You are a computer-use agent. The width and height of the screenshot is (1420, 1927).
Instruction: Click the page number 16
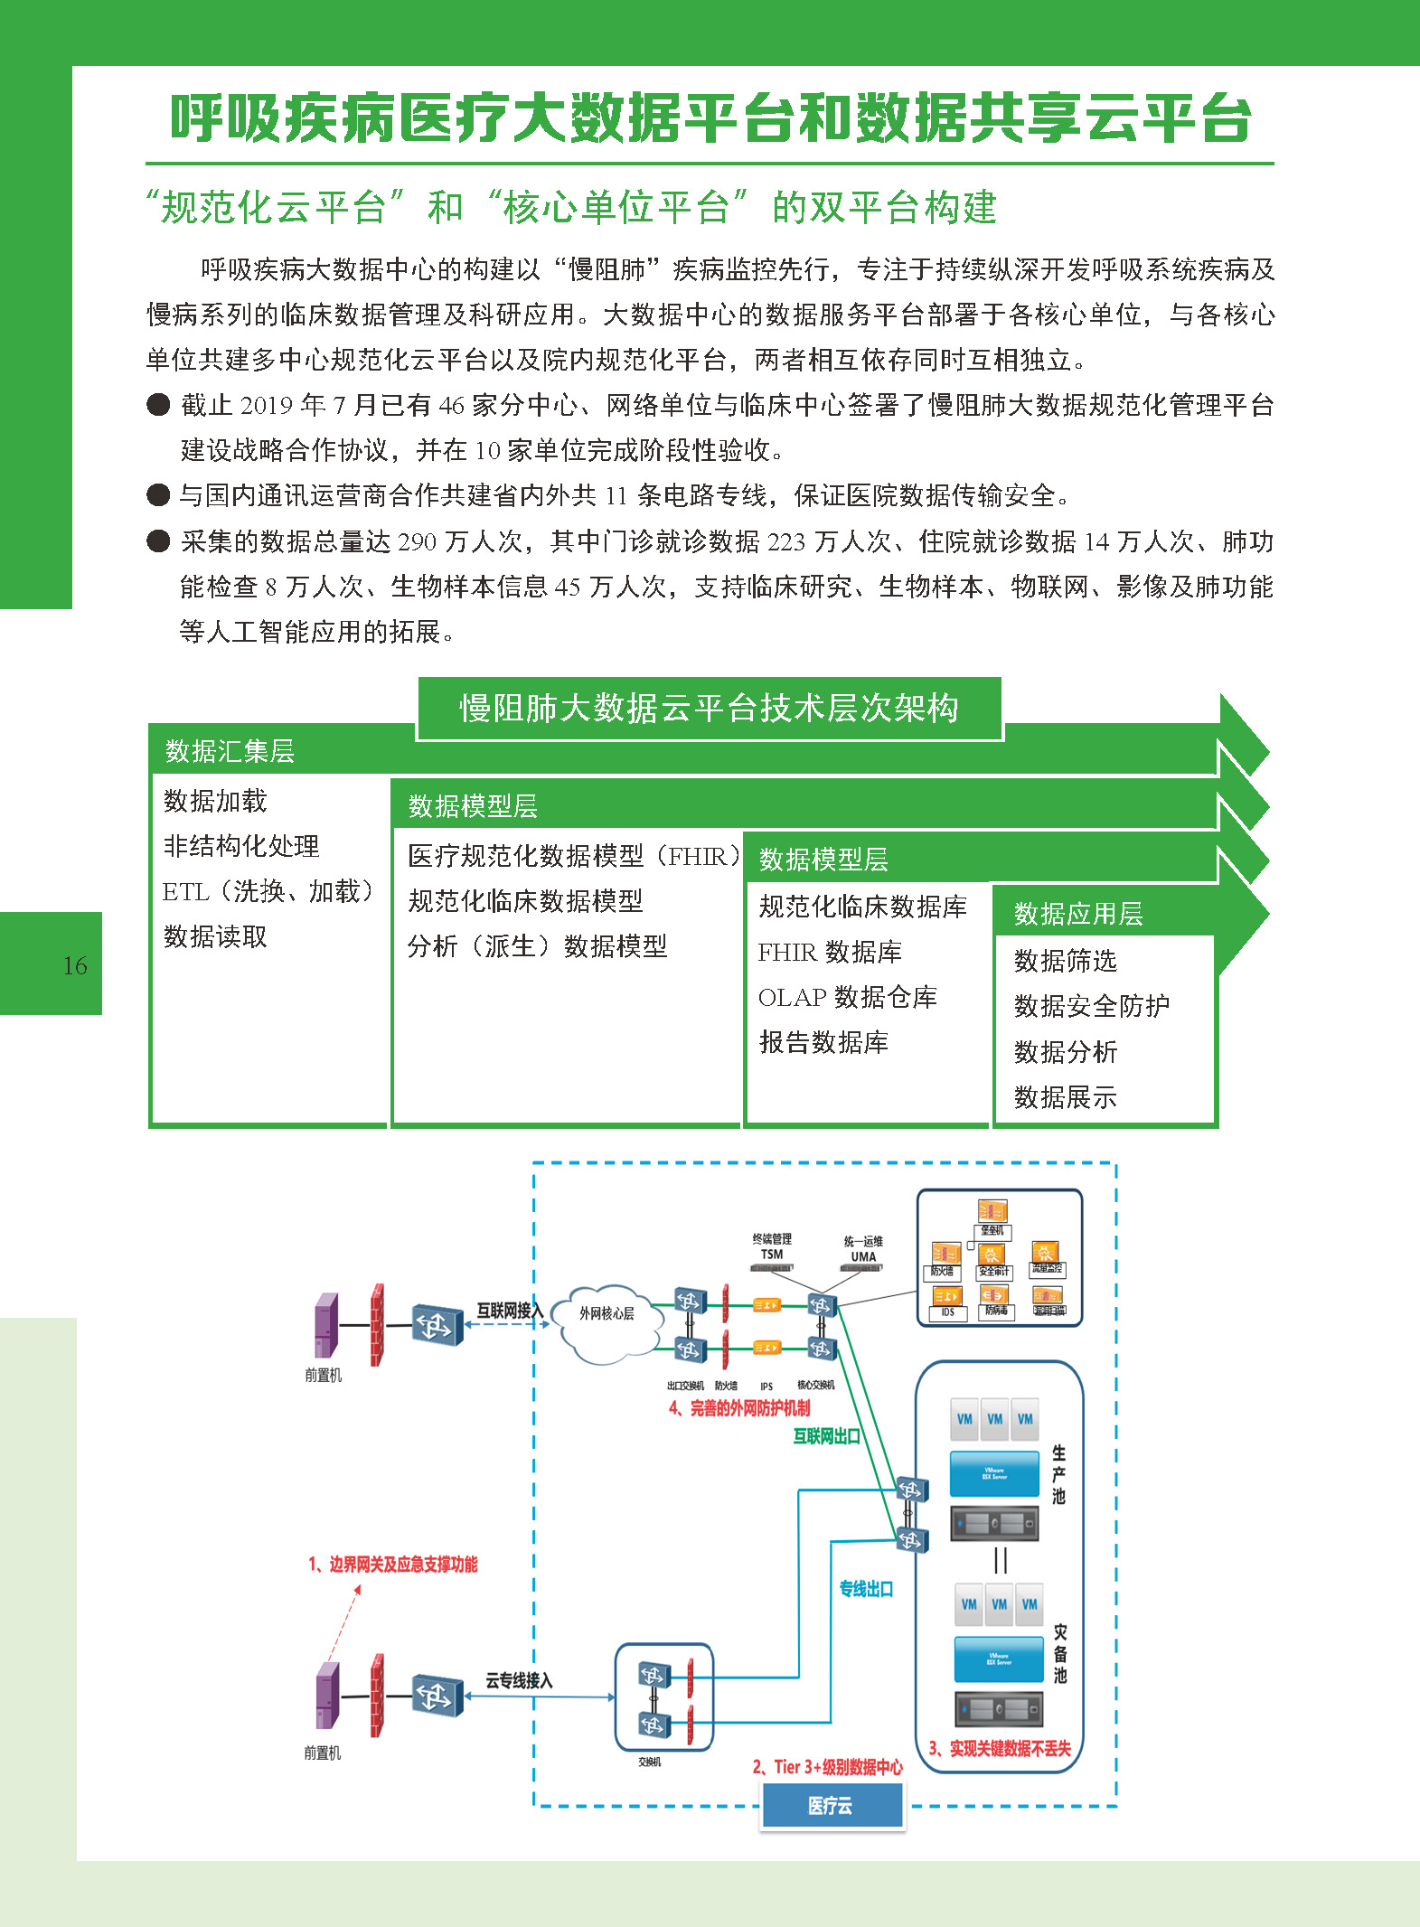point(75,965)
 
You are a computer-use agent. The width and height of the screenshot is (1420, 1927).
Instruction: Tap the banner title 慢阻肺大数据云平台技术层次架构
point(709,708)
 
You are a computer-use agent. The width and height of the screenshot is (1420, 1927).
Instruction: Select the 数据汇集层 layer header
point(230,751)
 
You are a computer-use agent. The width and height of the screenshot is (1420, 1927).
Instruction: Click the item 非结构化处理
point(241,846)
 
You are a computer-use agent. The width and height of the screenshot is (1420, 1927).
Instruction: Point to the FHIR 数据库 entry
point(830,952)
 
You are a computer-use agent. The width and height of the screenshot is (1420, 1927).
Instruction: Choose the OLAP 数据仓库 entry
point(847,997)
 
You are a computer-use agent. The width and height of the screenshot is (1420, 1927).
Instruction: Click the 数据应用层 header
point(1077,914)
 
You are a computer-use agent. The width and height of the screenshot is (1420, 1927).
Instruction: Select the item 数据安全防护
point(1091,1006)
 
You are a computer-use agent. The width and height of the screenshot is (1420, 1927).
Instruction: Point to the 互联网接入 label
point(510,1310)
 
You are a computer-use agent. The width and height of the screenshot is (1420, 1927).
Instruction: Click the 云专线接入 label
point(519,1680)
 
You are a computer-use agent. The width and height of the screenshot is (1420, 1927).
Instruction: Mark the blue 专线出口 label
point(866,1589)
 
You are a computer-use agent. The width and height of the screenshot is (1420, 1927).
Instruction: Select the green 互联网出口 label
point(826,1436)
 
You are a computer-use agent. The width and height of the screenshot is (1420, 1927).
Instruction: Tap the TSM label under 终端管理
point(771,1255)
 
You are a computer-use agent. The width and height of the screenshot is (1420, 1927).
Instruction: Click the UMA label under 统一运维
point(863,1256)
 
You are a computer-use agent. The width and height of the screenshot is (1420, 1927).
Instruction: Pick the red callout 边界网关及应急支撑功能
point(393,1565)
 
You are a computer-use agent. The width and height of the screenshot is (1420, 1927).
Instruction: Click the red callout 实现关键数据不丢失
point(1000,1749)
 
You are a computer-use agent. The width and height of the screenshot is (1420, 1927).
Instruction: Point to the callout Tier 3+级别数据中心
point(828,1768)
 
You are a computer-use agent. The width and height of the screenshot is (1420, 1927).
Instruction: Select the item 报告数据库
point(823,1042)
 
